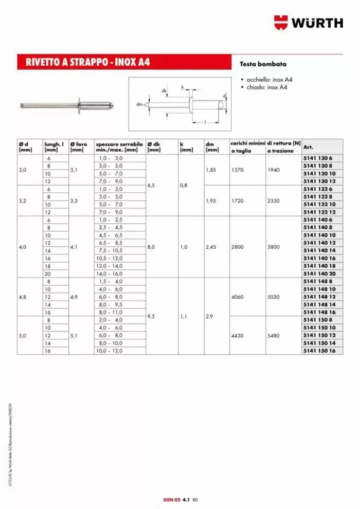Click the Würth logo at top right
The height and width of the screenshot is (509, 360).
click(308, 23)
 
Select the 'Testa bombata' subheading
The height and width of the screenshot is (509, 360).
click(263, 64)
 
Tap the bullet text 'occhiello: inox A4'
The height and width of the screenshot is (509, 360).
click(268, 80)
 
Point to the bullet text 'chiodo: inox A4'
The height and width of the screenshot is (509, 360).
click(265, 87)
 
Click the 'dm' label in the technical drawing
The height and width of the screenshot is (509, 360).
click(139, 104)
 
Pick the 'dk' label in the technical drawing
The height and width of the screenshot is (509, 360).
click(164, 91)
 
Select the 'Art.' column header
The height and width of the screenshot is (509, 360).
click(309, 148)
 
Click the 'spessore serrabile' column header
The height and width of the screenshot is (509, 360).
click(119, 148)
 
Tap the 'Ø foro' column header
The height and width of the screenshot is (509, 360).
click(80, 148)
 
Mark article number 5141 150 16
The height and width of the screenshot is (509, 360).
click(319, 350)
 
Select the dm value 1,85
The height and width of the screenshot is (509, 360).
click(210, 170)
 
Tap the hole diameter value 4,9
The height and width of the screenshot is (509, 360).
click(75, 297)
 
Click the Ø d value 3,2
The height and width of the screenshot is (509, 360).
click(23, 201)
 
